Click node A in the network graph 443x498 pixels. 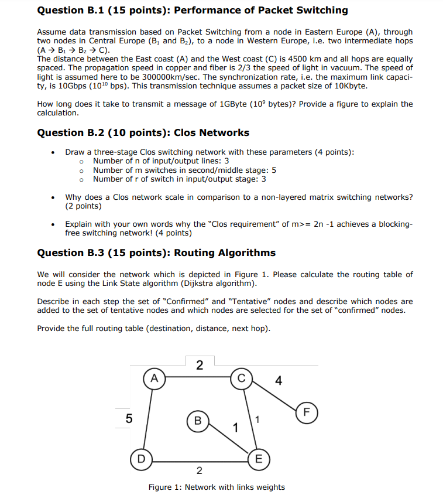click(154, 378)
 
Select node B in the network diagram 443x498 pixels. click(198, 420)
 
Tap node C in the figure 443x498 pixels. click(241, 378)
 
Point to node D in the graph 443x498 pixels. click(141, 457)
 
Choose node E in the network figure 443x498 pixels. click(258, 458)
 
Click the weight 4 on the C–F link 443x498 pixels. click(278, 381)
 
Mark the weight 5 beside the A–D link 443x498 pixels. click(129, 418)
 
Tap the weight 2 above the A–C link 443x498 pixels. click(200, 366)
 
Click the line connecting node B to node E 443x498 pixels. click(228, 439)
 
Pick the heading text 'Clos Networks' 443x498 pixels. click(212, 132)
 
